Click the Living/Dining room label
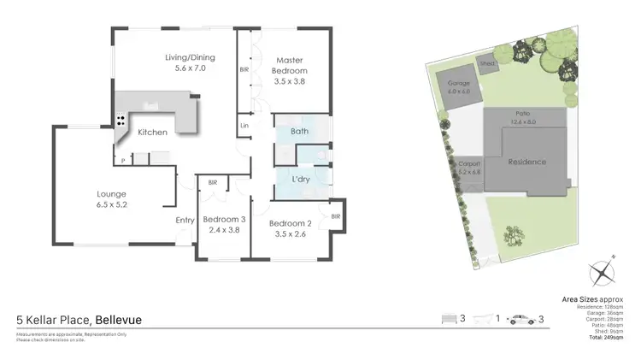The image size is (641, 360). tap(190, 58)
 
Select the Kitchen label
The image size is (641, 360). tap(153, 133)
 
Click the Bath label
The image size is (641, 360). tap(299, 131)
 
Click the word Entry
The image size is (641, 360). tap(185, 221)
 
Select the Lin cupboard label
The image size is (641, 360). tap(244, 127)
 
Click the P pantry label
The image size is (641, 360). tap(123, 160)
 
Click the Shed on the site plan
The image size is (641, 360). tap(489, 63)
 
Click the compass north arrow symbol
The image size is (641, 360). tap(603, 274)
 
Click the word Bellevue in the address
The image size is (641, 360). tap(118, 320)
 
